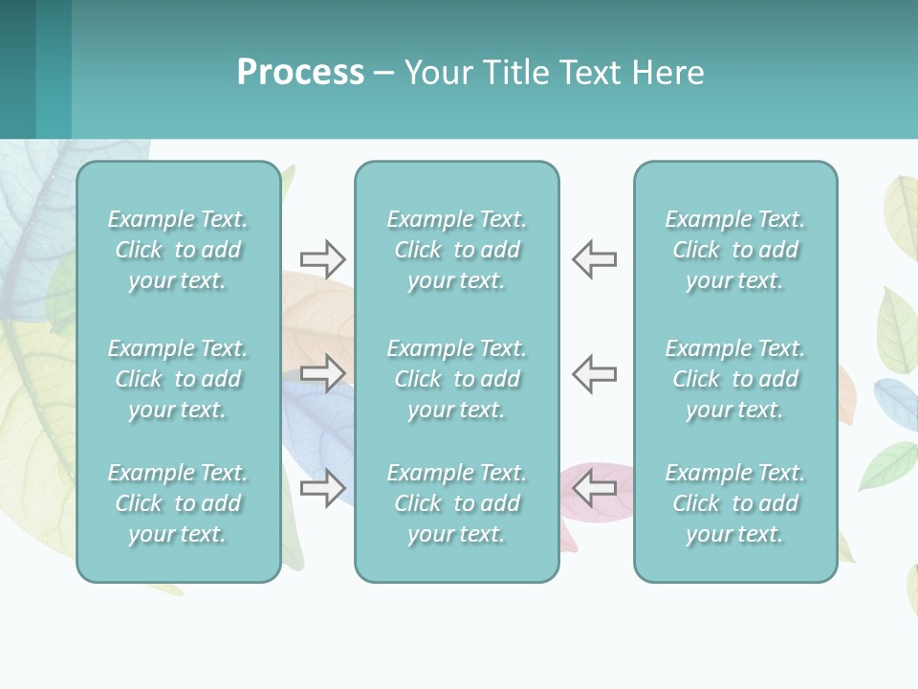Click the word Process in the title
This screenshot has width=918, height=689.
click(x=300, y=73)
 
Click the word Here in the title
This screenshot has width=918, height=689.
click(x=667, y=73)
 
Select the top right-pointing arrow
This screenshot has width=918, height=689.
click(x=322, y=258)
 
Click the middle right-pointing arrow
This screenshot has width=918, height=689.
click(x=322, y=373)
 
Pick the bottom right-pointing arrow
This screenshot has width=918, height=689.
click(x=322, y=488)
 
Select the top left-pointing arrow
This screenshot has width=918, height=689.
click(x=595, y=258)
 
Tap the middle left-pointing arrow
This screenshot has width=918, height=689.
click(x=595, y=373)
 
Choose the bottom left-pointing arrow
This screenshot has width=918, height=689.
click(x=595, y=488)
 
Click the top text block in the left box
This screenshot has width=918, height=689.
click(x=178, y=250)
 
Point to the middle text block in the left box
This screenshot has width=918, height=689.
click(x=178, y=379)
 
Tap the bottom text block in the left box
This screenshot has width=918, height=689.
click(x=178, y=503)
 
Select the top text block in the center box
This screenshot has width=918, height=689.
click(x=456, y=250)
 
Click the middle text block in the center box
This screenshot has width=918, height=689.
click(x=456, y=379)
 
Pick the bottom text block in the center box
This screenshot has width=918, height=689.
click(x=456, y=503)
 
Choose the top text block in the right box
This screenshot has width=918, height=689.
click(x=734, y=250)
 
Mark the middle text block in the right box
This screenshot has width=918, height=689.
click(x=734, y=379)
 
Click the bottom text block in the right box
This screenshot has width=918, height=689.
click(x=734, y=503)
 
